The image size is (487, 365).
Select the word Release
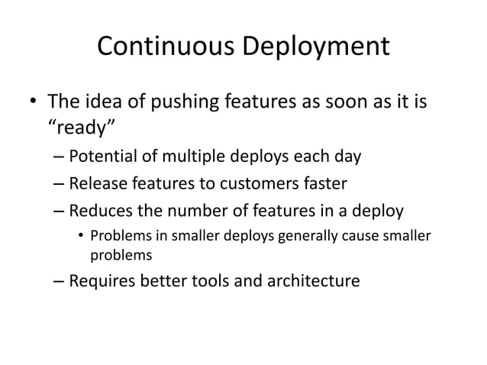tap(98, 182)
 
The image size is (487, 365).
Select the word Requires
tap(102, 281)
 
